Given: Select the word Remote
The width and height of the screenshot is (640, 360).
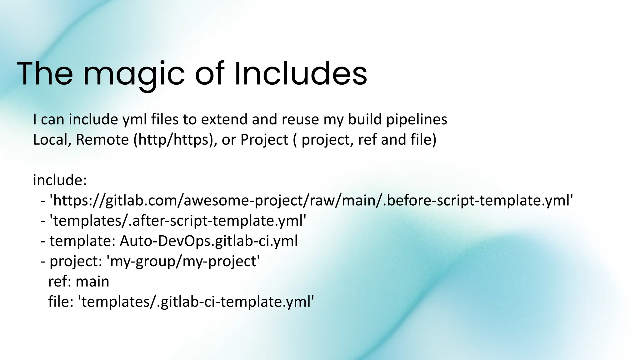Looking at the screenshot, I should tap(102, 140).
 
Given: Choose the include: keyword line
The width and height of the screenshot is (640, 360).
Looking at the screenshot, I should tap(60, 180).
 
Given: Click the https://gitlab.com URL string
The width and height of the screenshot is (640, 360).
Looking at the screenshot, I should tap(311, 201).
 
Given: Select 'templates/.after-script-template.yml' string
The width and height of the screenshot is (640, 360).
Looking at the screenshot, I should tap(178, 221).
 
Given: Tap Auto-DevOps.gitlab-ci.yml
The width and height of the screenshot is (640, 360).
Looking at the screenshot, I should tap(208, 241).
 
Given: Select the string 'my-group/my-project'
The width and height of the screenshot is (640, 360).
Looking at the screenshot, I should tap(183, 261).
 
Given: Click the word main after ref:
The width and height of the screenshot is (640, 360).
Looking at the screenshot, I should tap(92, 282).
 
